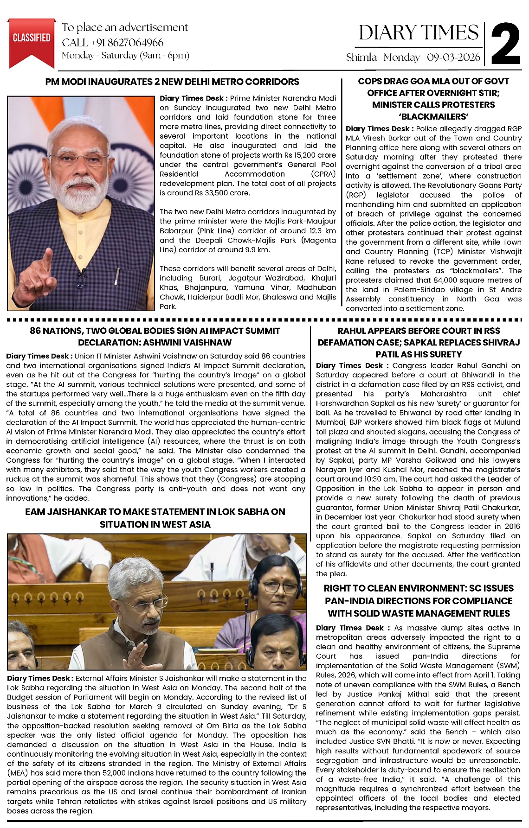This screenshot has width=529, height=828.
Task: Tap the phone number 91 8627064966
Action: [x=129, y=43]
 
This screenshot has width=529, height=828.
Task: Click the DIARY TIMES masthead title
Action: [x=418, y=33]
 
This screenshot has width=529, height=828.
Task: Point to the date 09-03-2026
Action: [x=453, y=57]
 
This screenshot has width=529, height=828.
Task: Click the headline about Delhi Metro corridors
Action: [x=172, y=82]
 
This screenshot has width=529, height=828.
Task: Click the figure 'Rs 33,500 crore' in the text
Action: [x=224, y=193]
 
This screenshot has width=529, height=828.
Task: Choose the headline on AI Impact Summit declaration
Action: [x=155, y=337]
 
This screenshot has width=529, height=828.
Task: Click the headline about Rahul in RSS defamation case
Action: [x=419, y=343]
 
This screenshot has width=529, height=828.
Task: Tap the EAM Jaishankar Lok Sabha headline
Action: [x=155, y=518]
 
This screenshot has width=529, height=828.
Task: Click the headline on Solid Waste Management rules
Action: [x=419, y=601]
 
